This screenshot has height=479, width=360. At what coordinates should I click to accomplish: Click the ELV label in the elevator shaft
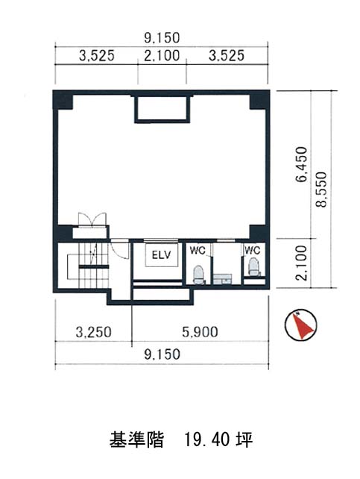click(162, 254)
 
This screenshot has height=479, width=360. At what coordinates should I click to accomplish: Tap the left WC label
click(198, 250)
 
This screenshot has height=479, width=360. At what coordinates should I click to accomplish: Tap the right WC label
click(252, 250)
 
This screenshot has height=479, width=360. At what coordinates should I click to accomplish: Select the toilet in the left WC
click(198, 274)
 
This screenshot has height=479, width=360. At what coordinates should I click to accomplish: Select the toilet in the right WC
click(254, 266)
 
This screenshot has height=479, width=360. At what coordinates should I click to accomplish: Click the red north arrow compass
click(301, 325)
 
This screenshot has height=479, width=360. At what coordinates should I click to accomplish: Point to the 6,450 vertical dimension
click(301, 164)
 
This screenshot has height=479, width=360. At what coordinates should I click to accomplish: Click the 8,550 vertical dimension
click(321, 190)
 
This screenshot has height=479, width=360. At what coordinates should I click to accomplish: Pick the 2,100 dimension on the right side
click(301, 263)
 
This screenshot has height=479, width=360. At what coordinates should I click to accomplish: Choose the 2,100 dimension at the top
click(162, 56)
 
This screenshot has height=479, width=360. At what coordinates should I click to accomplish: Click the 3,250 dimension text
click(94, 332)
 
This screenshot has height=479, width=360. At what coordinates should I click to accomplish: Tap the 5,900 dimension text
click(200, 332)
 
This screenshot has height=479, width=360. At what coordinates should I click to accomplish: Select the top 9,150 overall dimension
click(162, 38)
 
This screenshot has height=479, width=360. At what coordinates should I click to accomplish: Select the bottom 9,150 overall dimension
click(162, 354)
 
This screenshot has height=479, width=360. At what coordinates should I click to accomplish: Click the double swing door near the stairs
click(92, 219)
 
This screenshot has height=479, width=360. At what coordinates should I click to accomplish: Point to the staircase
click(88, 265)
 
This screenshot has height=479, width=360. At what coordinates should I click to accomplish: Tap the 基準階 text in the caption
click(136, 440)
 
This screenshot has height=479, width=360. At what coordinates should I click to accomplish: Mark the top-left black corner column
click(63, 99)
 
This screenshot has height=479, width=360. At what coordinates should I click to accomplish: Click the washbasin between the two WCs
click(222, 279)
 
